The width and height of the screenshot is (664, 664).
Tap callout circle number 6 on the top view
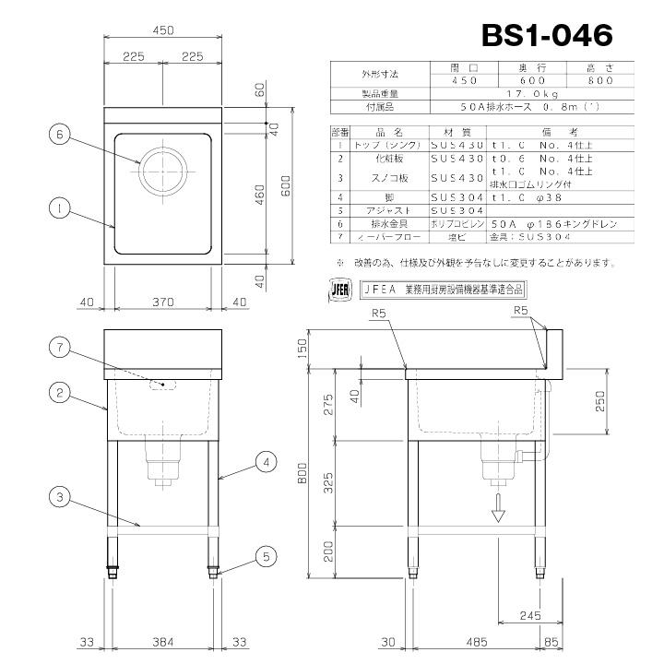59,134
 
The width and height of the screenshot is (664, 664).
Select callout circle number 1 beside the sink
59,210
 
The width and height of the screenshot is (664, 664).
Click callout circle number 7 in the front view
59,348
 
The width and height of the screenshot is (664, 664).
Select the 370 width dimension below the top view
162,302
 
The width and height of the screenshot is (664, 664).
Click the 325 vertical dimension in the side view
330,480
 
